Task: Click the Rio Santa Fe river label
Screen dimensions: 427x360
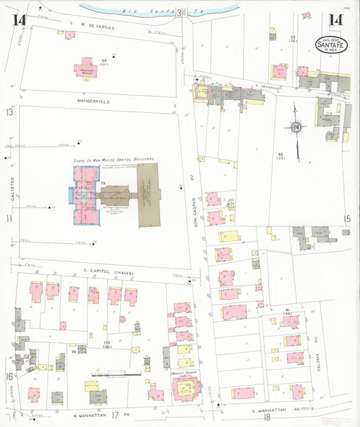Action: click(158, 10)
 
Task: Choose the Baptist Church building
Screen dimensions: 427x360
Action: click(186, 388)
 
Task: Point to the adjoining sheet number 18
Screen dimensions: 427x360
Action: click(267, 419)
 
